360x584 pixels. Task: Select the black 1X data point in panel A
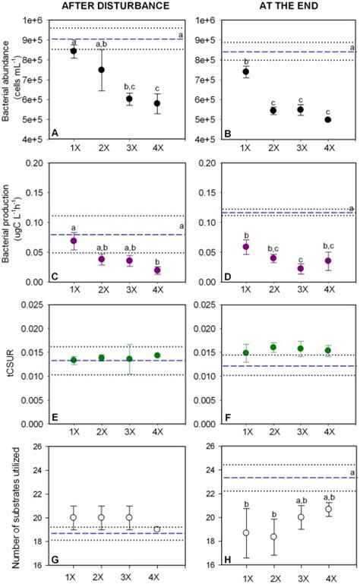coord(95,51)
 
